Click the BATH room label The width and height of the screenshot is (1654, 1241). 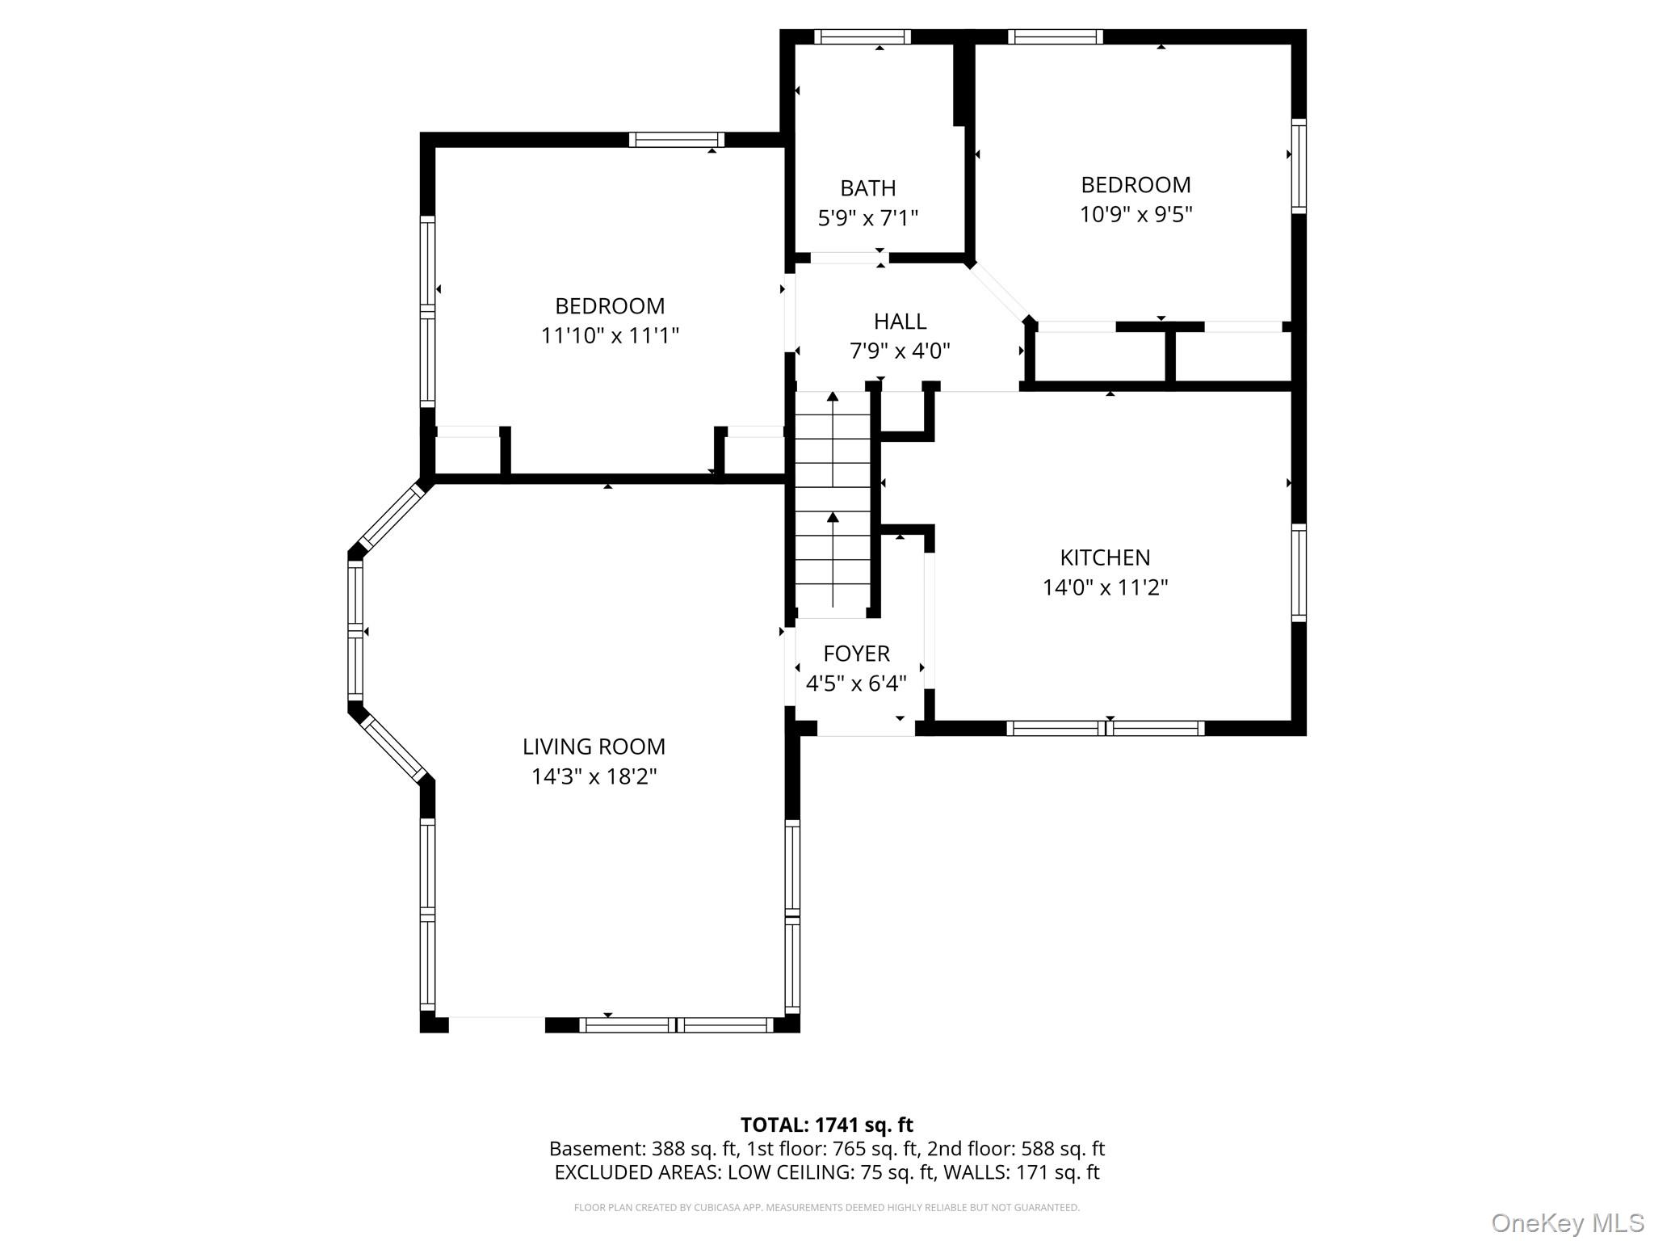tap(868, 188)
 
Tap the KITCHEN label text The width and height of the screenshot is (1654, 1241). tap(1105, 557)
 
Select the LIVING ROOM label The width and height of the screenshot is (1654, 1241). tap(594, 747)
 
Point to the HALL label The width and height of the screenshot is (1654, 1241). tap(900, 322)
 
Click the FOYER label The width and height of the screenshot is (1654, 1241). tap(856, 654)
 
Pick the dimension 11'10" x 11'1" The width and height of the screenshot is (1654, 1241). tap(610, 335)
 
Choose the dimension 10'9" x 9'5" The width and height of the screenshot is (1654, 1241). tap(1136, 215)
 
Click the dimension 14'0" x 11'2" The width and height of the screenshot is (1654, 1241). tap(1105, 587)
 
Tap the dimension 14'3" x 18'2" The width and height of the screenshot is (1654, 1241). tap(594, 776)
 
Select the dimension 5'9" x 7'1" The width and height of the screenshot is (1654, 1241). tap(868, 218)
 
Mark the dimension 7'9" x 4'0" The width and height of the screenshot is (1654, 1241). tap(900, 351)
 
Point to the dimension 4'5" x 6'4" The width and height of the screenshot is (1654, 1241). tap(856, 684)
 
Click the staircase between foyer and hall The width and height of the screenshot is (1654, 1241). tap(833, 505)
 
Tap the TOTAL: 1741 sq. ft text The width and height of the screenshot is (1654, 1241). tap(826, 1125)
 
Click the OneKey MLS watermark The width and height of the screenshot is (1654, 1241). tap(1568, 1222)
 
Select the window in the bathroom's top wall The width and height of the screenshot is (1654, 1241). tap(862, 36)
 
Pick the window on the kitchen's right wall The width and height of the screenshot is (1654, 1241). tap(1299, 573)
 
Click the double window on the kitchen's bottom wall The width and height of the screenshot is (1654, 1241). tap(1106, 728)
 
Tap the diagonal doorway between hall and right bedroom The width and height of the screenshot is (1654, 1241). tap(1000, 292)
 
